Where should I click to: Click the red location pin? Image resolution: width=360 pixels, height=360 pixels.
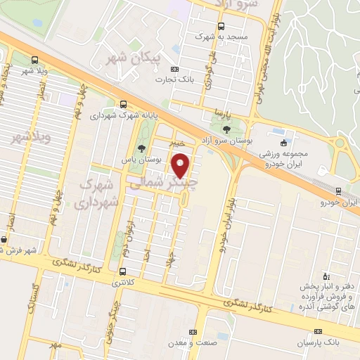click(x=182, y=165)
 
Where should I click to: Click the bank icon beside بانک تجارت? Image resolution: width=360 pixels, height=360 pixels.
click(x=175, y=69)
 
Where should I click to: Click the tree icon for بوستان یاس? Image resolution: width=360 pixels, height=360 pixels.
click(x=142, y=148)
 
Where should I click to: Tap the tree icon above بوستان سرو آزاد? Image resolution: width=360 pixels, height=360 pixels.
click(x=226, y=129)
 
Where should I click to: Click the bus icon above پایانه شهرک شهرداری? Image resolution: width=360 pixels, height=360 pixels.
click(x=124, y=103)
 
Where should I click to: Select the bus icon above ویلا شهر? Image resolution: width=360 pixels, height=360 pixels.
click(x=36, y=60)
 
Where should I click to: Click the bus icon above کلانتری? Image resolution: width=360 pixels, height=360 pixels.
click(x=124, y=271)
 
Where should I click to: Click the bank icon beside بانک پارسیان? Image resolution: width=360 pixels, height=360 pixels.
click(x=319, y=331)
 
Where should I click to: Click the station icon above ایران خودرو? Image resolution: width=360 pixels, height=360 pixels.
click(x=339, y=191)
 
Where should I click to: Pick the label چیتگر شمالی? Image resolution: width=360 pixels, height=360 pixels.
click(x=162, y=181)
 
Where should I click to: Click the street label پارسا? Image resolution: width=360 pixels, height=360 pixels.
click(x=221, y=112)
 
